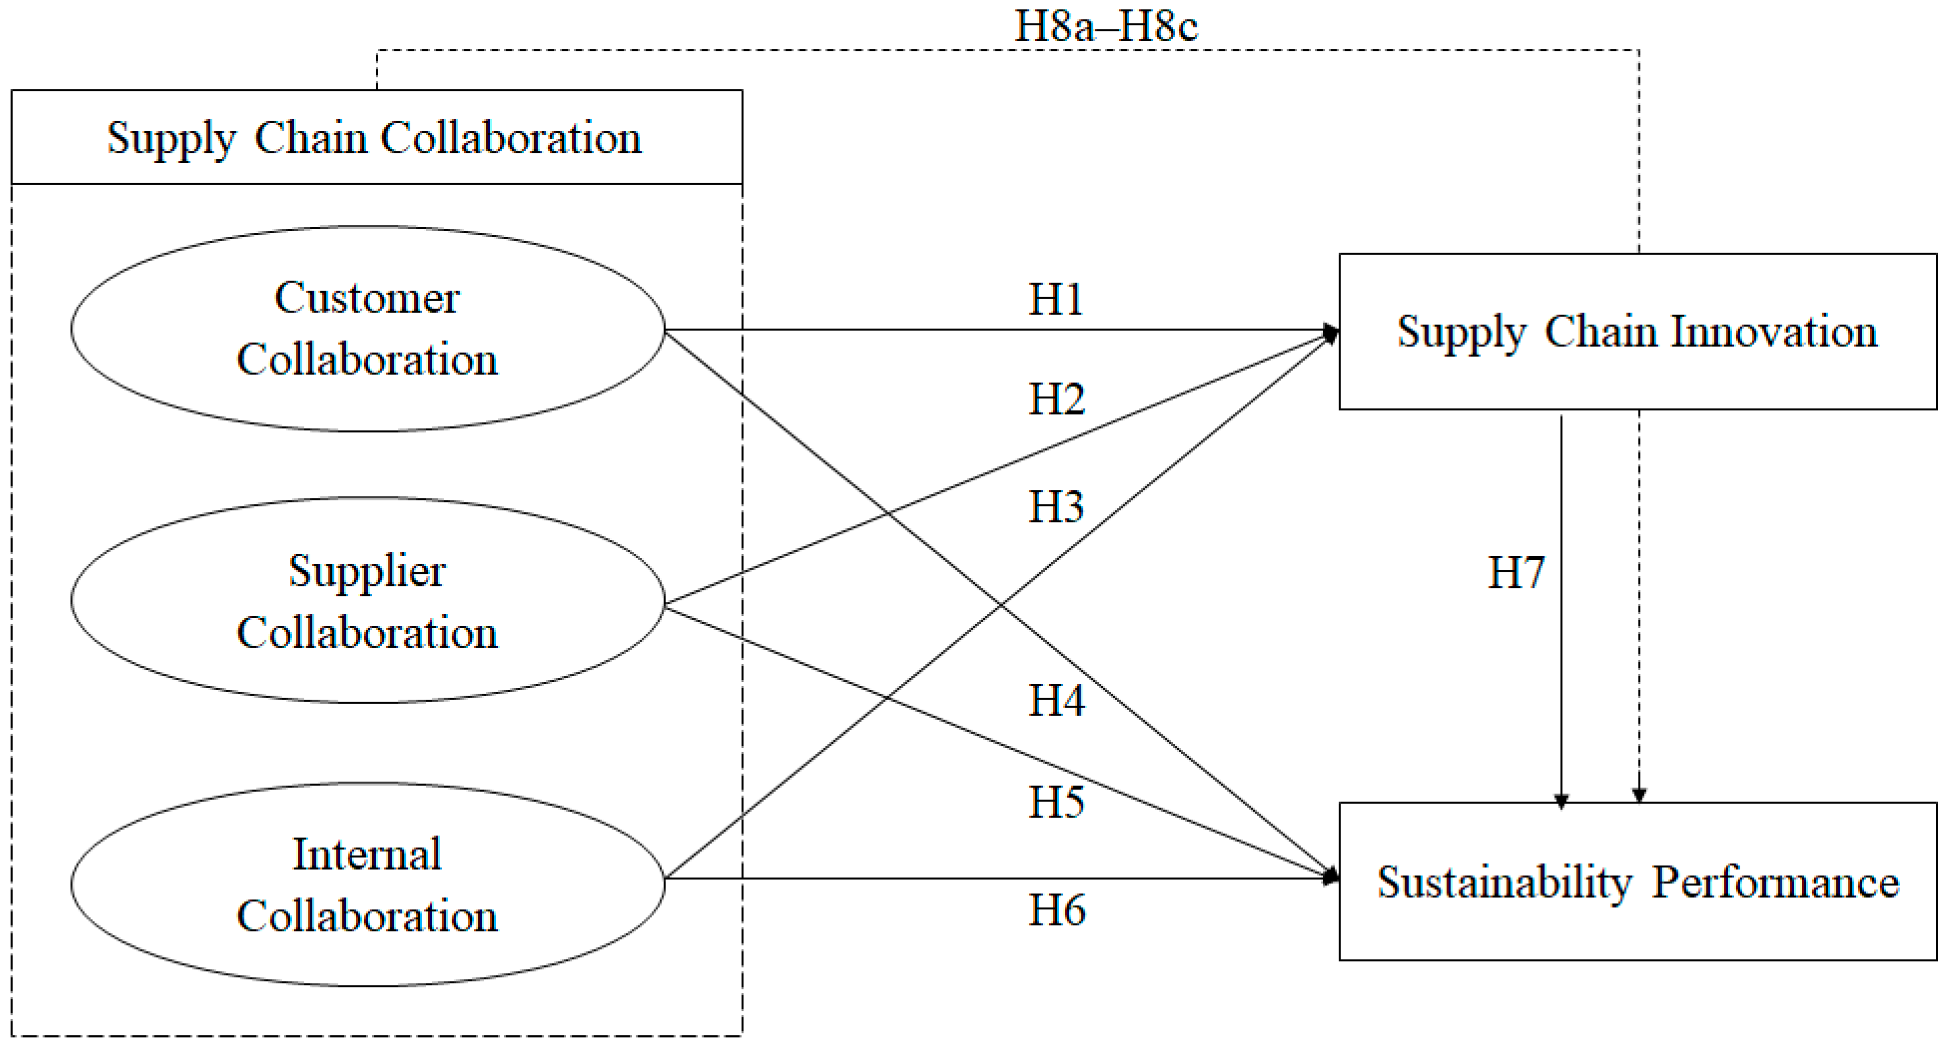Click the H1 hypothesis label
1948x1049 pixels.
[x=1056, y=300]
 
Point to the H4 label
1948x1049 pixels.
[x=1056, y=701]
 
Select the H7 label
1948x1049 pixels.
[x=1515, y=573]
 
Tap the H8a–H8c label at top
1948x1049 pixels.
[x=1106, y=27]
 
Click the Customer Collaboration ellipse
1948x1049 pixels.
[x=368, y=329]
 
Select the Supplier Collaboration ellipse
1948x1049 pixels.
[x=368, y=600]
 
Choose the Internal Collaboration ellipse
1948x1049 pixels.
[x=368, y=884]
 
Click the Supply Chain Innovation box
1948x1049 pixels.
[x=1637, y=331]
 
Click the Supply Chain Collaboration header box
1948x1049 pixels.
[x=376, y=138]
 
